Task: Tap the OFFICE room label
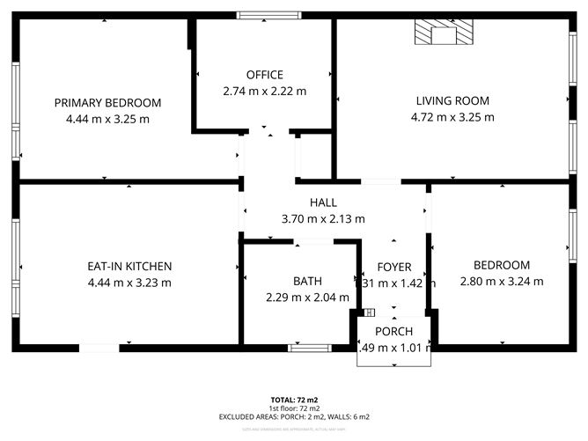264,75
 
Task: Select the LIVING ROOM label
452,100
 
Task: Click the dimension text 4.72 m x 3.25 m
452,117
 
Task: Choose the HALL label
322,203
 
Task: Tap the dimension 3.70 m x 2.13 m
322,219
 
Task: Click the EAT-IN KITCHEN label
129,266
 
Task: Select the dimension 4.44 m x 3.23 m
129,283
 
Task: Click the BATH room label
307,282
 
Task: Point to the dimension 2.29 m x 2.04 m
307,298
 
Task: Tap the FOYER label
394,267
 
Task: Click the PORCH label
393,331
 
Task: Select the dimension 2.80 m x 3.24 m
502,282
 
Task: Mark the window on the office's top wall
262,15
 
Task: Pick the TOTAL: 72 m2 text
294,401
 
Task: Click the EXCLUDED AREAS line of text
294,416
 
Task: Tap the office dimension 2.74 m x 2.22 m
264,91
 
